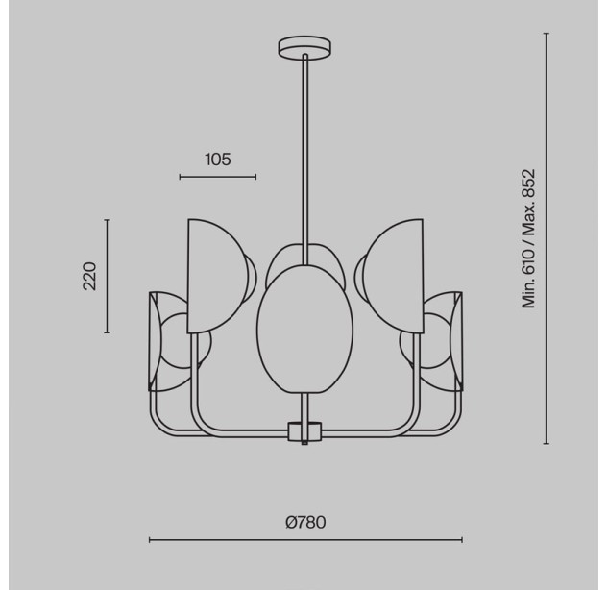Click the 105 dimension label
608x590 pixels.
(x=217, y=160)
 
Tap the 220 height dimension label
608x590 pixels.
(x=90, y=276)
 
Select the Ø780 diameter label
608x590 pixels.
(x=305, y=522)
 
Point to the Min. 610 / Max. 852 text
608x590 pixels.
(x=528, y=238)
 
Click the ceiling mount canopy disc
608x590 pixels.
(x=304, y=47)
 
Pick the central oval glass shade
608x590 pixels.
(x=304, y=329)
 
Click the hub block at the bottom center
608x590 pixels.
(x=305, y=431)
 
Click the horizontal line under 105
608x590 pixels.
(x=217, y=177)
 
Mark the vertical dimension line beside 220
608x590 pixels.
(x=108, y=276)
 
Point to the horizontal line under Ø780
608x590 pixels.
(x=305, y=540)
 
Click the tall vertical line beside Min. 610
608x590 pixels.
(x=546, y=238)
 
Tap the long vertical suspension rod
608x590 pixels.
(x=305, y=160)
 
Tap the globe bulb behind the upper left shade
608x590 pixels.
(x=251, y=276)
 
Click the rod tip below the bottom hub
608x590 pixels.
(x=304, y=443)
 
